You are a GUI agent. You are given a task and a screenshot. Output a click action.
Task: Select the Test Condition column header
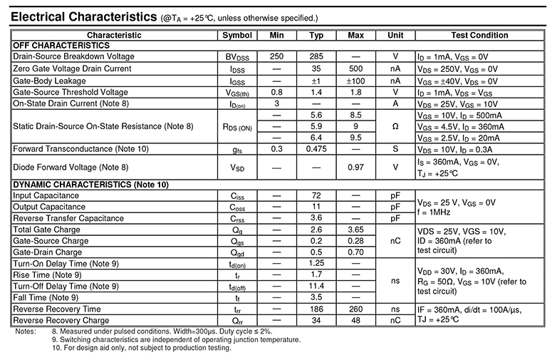tap(479, 35)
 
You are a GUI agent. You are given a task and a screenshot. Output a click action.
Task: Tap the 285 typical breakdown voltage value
tap(317, 56)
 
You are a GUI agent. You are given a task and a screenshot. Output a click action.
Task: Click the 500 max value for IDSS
tap(356, 68)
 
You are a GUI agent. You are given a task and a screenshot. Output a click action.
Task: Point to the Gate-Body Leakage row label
tap(49, 81)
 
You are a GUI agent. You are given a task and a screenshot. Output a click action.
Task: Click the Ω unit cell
tap(395, 126)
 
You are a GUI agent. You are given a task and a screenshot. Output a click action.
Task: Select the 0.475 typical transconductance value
tap(317, 149)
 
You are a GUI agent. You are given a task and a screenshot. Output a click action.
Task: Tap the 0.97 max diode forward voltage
tap(356, 167)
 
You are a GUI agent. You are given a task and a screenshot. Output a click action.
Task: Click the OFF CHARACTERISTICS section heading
tap(61, 45)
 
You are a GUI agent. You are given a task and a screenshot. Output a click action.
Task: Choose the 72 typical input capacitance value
tap(317, 195)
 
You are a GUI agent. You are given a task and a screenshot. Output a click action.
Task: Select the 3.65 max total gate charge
tap(356, 230)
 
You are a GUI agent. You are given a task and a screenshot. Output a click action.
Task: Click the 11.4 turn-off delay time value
tap(317, 286)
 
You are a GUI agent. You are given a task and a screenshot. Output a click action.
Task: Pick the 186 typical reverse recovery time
tap(317, 309)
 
